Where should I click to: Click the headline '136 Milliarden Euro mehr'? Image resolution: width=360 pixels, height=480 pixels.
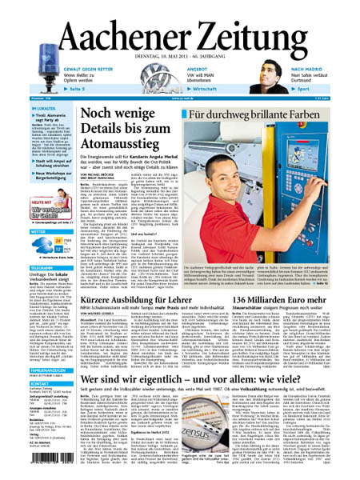(291, 277)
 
